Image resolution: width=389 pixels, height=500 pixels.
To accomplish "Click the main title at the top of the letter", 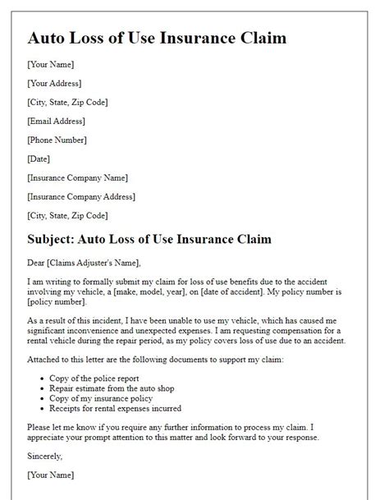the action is (157, 38).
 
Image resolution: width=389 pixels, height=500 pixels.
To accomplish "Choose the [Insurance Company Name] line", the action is (77, 177).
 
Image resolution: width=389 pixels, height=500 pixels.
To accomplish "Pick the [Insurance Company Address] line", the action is (80, 196).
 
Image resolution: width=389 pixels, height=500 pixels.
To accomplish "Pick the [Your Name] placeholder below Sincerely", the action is (50, 475).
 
